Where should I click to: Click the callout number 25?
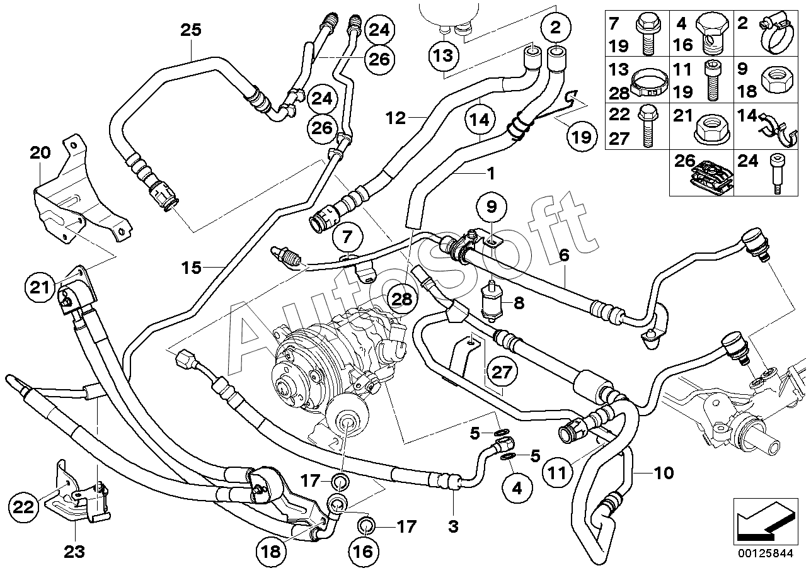click(x=191, y=30)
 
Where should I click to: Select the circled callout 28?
click(x=401, y=299)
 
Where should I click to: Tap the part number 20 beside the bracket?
click(x=40, y=153)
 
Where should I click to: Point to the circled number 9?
click(x=492, y=207)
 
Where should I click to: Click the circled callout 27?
click(x=502, y=372)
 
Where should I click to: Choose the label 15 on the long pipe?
click(x=192, y=268)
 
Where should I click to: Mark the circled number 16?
click(x=364, y=552)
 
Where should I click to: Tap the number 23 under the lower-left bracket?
click(x=74, y=552)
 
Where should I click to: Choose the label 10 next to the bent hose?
click(x=664, y=473)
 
